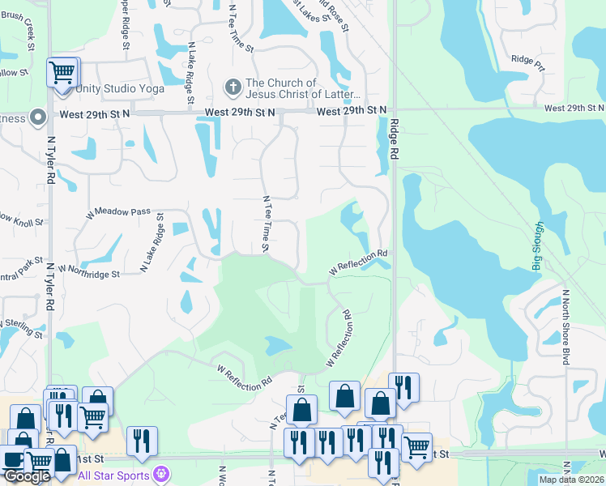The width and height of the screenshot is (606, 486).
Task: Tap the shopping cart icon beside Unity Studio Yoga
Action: [62, 73]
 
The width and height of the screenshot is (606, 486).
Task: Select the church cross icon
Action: [233, 85]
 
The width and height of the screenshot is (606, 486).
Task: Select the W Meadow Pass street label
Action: [118, 212]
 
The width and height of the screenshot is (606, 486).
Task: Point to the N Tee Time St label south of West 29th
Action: [265, 224]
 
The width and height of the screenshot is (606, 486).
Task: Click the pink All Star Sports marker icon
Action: [162, 473]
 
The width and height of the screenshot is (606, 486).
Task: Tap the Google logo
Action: [27, 476]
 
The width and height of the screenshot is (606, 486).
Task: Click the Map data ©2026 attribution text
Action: [571, 480]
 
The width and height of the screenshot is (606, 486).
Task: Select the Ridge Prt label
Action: [527, 58]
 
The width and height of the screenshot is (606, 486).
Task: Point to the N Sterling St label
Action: [23, 328]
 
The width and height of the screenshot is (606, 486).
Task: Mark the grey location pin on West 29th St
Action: [37, 118]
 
